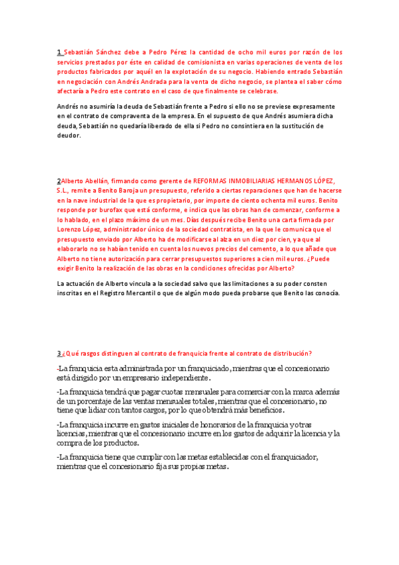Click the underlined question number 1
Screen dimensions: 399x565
click(59, 51)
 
